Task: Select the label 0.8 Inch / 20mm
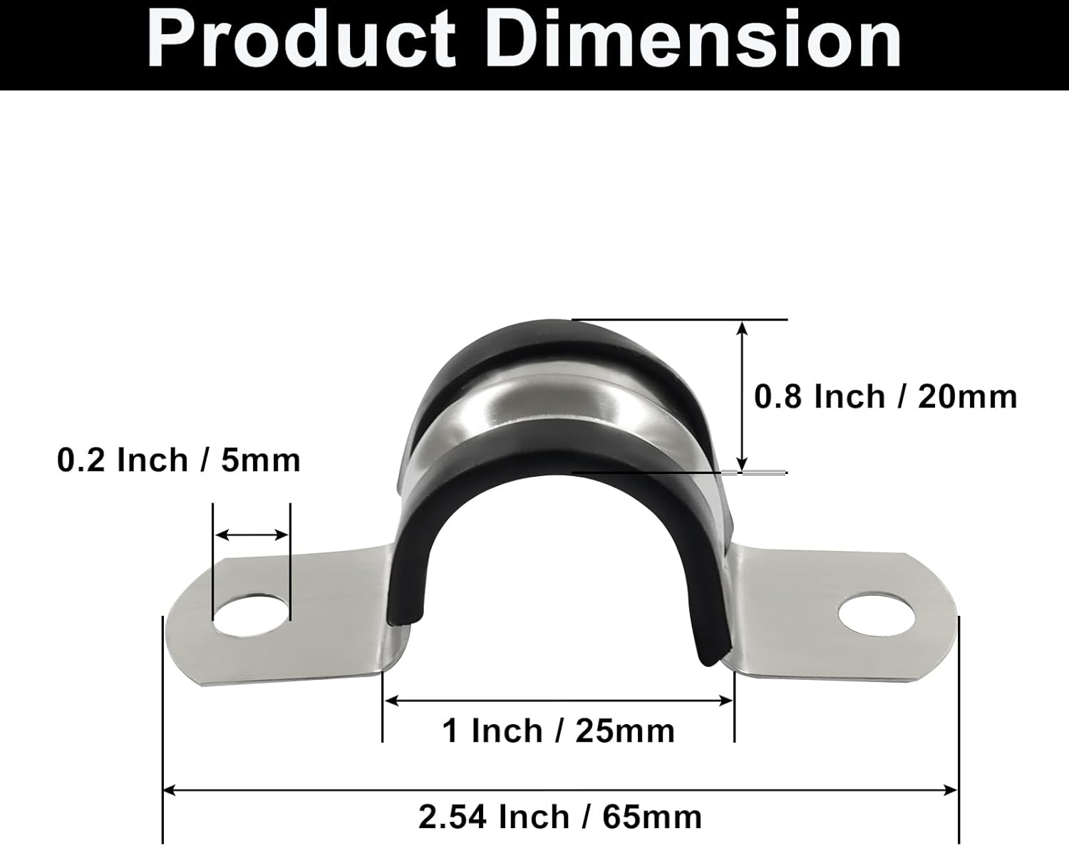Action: coord(885,396)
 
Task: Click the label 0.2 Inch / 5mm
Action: coord(179,460)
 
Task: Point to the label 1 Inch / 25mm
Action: coord(559,731)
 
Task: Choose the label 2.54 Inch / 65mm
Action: coord(560,817)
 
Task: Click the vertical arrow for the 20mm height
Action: coord(743,396)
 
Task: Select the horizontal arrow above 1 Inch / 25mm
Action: coord(559,701)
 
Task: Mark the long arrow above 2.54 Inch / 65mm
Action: coord(560,789)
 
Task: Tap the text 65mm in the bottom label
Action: coord(652,817)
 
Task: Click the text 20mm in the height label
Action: coord(967,396)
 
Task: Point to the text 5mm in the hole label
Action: coord(261,460)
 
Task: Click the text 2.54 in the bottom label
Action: coord(453,817)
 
